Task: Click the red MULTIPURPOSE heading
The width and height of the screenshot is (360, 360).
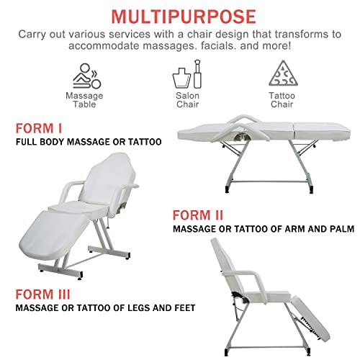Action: (179, 15)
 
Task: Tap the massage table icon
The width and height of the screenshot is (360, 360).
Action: (84, 76)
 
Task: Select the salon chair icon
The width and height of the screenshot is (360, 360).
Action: (187, 76)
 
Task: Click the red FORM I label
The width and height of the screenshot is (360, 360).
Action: (39, 129)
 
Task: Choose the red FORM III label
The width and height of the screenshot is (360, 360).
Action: (45, 293)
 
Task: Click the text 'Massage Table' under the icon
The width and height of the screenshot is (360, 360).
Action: (84, 100)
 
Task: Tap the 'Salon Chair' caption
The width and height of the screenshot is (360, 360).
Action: (187, 100)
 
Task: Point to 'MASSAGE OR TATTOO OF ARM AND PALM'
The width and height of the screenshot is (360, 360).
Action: (263, 229)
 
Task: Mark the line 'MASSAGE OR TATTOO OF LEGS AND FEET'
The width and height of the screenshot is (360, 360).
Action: (105, 307)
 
